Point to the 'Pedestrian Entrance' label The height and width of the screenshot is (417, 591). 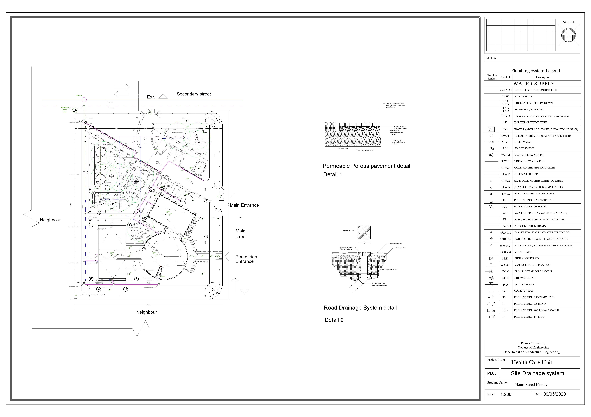click(x=246, y=259)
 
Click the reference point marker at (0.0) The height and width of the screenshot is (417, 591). click(x=75, y=111)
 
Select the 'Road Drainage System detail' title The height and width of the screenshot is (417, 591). click(x=360, y=308)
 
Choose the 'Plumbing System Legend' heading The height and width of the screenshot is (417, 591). click(x=535, y=71)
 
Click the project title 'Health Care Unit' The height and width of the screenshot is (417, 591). click(x=532, y=362)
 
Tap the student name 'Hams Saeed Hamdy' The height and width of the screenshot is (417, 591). click(x=531, y=385)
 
